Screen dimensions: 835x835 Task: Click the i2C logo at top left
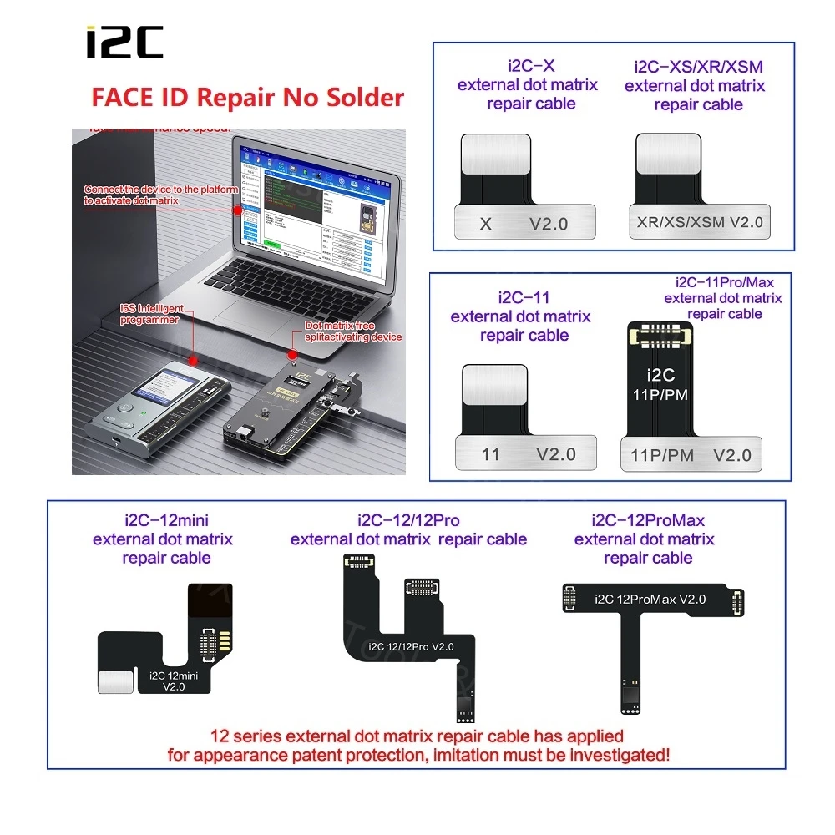coord(125,43)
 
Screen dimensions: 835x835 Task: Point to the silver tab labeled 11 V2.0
coord(526,454)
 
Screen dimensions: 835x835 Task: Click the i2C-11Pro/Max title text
coord(723,282)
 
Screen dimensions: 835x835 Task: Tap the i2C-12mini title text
coord(163,520)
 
